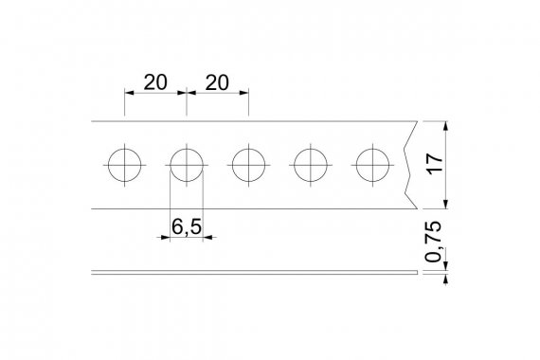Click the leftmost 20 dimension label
(155, 82)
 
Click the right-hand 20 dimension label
(217, 82)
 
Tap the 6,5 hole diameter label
(187, 227)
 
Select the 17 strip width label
(435, 164)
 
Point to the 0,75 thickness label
(433, 242)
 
